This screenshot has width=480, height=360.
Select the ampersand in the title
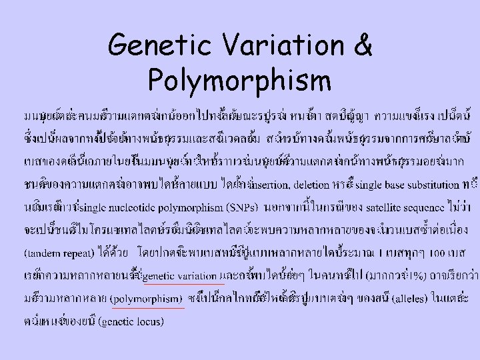(363, 46)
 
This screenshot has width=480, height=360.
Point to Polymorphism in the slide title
(239, 81)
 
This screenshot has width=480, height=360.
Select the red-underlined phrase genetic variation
(179, 275)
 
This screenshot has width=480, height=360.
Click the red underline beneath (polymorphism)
(148, 308)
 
